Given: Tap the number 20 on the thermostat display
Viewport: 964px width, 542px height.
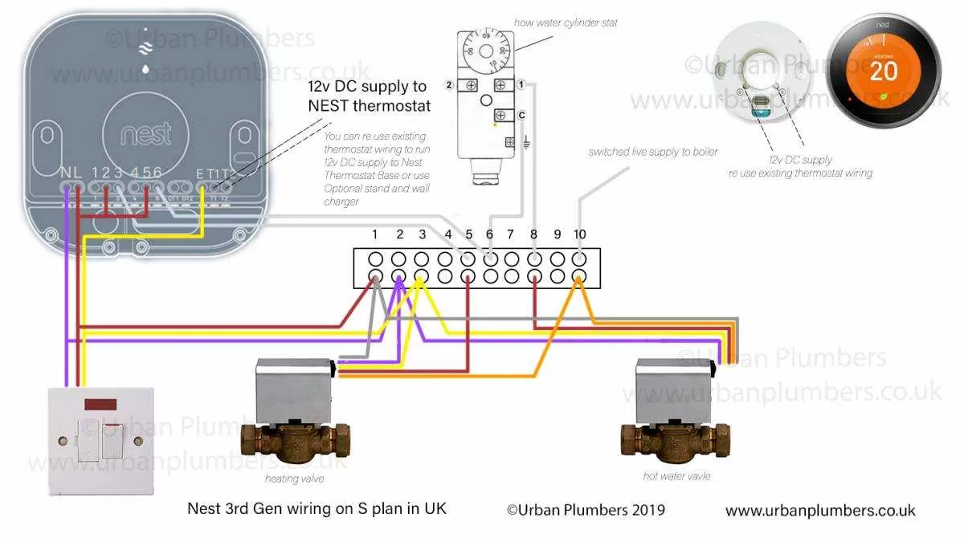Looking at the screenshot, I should click(x=884, y=71).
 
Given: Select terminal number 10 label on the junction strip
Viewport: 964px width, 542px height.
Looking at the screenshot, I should click(x=580, y=234).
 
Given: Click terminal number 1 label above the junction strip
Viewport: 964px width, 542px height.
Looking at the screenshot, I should click(x=374, y=234).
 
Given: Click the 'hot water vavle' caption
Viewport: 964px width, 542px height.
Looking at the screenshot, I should click(x=676, y=476).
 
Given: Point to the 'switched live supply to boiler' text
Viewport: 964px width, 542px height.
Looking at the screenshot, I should click(x=653, y=152).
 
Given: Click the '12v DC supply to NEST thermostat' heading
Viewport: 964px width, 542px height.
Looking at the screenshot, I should click(x=369, y=96).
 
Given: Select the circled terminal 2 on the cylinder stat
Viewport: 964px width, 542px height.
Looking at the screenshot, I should click(x=450, y=85).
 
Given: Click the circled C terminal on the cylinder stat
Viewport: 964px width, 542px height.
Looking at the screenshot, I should click(x=522, y=114).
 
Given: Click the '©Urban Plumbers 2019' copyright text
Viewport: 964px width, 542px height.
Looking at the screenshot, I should click(x=586, y=510).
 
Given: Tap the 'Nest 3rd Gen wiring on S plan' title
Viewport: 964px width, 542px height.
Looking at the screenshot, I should click(x=317, y=508).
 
